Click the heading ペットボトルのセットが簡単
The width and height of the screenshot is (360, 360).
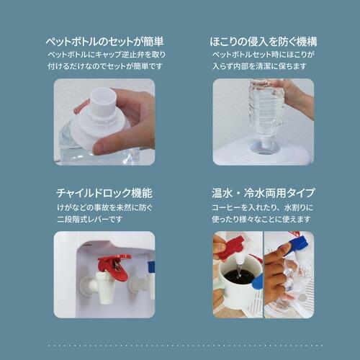coord(104,42)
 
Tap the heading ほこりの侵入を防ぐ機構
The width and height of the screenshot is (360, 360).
coord(264,42)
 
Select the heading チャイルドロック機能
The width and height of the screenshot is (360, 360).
coord(104,193)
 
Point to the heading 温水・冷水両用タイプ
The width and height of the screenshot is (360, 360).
coord(263,193)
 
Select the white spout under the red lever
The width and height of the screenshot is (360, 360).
coord(105,288)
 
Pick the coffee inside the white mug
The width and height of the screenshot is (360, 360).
coord(240,278)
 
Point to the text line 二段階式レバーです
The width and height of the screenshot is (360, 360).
coord(90,219)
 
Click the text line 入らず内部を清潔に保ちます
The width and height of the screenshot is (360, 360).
coord(259,66)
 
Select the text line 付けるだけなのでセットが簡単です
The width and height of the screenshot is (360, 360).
coord(105,66)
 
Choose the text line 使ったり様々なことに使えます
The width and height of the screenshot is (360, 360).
coord(261,219)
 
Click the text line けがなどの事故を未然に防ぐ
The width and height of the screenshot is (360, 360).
coord(105,207)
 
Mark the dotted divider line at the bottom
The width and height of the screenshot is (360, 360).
coord(185,346)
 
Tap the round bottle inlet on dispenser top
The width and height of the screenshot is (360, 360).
coord(264,148)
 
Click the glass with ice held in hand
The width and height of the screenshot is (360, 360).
coord(292,286)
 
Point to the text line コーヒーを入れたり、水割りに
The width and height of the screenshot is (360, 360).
coord(262,207)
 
